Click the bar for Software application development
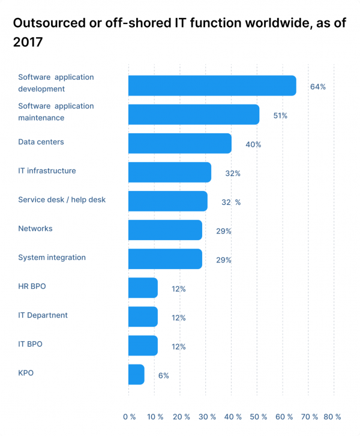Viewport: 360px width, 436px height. tap(212, 86)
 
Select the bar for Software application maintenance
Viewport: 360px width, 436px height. tap(194, 115)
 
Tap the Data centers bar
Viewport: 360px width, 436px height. tap(179, 144)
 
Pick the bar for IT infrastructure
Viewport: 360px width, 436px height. tap(169, 172)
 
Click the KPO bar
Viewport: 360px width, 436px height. tap(136, 375)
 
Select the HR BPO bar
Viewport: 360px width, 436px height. tap(143, 288)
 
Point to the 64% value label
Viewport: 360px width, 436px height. tap(317, 86)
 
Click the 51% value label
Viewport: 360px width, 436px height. tap(280, 115)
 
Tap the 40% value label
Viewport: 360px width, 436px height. tap(253, 144)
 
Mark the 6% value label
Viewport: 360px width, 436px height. tap(163, 375)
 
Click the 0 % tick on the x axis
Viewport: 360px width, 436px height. tap(129, 417)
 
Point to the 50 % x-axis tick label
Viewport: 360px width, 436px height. tap(258, 417)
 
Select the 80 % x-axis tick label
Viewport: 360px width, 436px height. tap(332, 417)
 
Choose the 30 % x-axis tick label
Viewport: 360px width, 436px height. tap(206, 417)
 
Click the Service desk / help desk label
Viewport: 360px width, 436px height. tap(62, 199)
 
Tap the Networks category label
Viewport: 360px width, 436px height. tap(35, 228)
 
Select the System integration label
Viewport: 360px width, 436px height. tap(52, 257)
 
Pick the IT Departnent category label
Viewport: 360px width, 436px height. tap(43, 315)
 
